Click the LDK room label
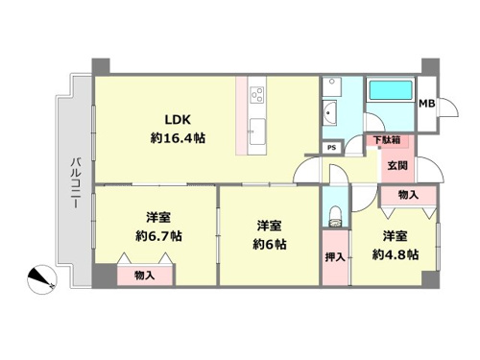[x=178, y=120]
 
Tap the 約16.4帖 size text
[x=178, y=138]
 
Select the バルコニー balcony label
[x=76, y=182]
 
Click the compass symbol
[x=42, y=279]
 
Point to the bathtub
[x=391, y=90]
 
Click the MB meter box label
[x=427, y=104]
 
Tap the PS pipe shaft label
[x=332, y=148]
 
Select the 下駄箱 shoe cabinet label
[x=387, y=140]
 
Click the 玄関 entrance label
[x=397, y=165]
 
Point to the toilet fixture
[x=335, y=216]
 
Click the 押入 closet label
[x=335, y=257]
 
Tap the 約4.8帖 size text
[x=396, y=255]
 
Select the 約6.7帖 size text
[x=158, y=236]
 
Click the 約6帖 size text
[x=270, y=245]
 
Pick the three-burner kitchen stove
[x=257, y=95]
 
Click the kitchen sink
[x=257, y=132]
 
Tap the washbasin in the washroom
[x=329, y=112]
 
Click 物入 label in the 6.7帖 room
[x=145, y=275]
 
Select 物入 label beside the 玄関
[x=408, y=195]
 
